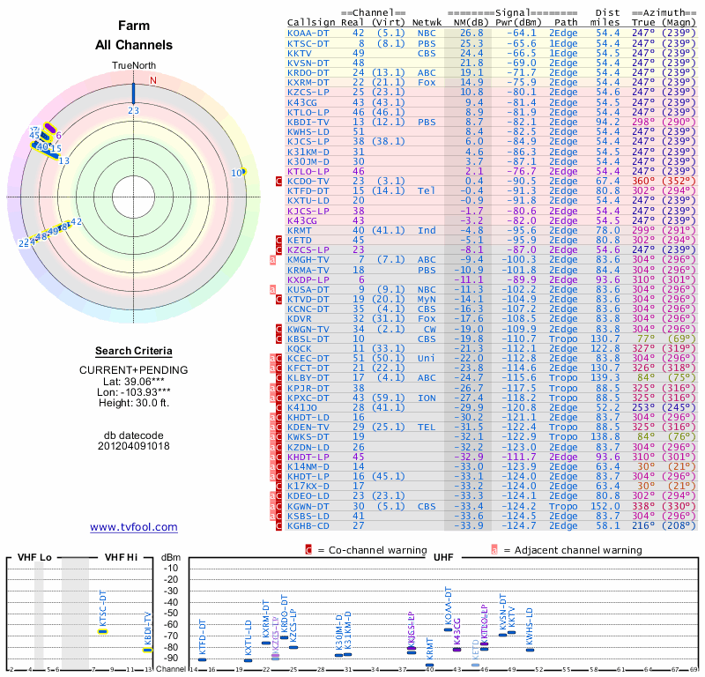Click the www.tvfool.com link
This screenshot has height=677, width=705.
coord(133,527)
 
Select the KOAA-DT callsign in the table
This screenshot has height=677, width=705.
coord(308,33)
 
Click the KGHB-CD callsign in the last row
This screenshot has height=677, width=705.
coord(308,525)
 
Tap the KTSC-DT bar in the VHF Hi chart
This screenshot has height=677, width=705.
coord(102,631)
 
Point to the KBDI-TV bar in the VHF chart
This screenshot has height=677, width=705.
coord(148,650)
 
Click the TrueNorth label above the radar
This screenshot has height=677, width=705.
coord(133,67)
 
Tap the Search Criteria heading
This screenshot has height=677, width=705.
coord(133,350)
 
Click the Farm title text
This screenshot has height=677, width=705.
coord(133,26)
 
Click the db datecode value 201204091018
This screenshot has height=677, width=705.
coord(133,446)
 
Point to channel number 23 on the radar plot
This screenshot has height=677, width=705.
coord(133,110)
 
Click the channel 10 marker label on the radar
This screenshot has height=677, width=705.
coord(236,173)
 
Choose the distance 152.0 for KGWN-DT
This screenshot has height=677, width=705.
coord(605,506)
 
